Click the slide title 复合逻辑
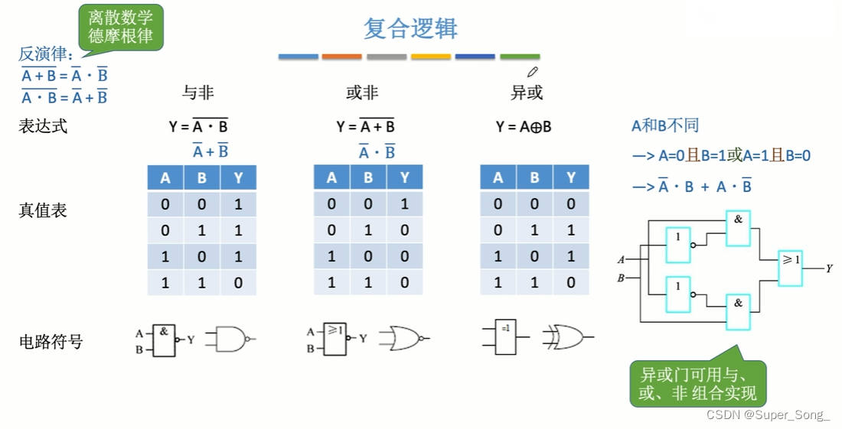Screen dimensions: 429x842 click(x=410, y=29)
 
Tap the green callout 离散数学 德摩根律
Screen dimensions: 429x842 click(x=120, y=28)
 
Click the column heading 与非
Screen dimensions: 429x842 click(x=197, y=93)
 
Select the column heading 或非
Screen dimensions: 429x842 click(x=362, y=93)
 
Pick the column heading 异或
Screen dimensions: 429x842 click(x=527, y=93)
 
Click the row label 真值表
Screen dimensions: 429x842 click(x=43, y=210)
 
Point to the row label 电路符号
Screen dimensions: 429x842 click(x=51, y=341)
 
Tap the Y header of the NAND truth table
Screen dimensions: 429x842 click(x=238, y=178)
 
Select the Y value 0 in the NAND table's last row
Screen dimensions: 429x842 click(x=238, y=282)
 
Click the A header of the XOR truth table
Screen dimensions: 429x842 click(x=498, y=178)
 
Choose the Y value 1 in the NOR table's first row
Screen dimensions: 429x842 click(x=405, y=204)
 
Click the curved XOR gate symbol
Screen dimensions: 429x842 click(x=564, y=336)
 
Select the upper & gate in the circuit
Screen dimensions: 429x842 click(x=738, y=228)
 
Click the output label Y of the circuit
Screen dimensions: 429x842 click(x=829, y=268)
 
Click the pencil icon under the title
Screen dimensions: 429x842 click(x=533, y=73)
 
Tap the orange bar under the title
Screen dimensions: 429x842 click(x=341, y=57)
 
